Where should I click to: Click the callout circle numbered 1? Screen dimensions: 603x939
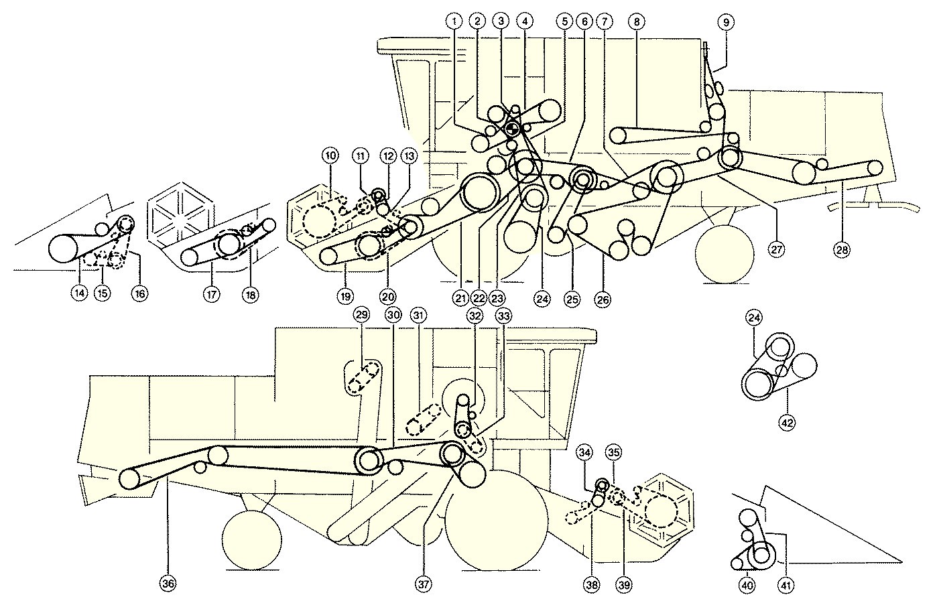(x=455, y=21)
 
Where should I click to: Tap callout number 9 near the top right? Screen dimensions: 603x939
(x=725, y=21)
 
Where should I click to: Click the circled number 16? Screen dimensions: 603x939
(x=139, y=293)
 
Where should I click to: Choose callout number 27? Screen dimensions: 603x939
(x=777, y=250)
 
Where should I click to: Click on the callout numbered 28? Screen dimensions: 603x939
(x=842, y=250)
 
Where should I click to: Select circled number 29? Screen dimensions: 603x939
(x=361, y=315)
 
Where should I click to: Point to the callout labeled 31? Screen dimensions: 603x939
(x=419, y=315)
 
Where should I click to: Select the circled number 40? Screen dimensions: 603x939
(x=747, y=585)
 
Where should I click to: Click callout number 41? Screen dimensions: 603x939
(x=787, y=585)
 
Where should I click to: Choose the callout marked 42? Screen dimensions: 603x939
(x=787, y=422)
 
